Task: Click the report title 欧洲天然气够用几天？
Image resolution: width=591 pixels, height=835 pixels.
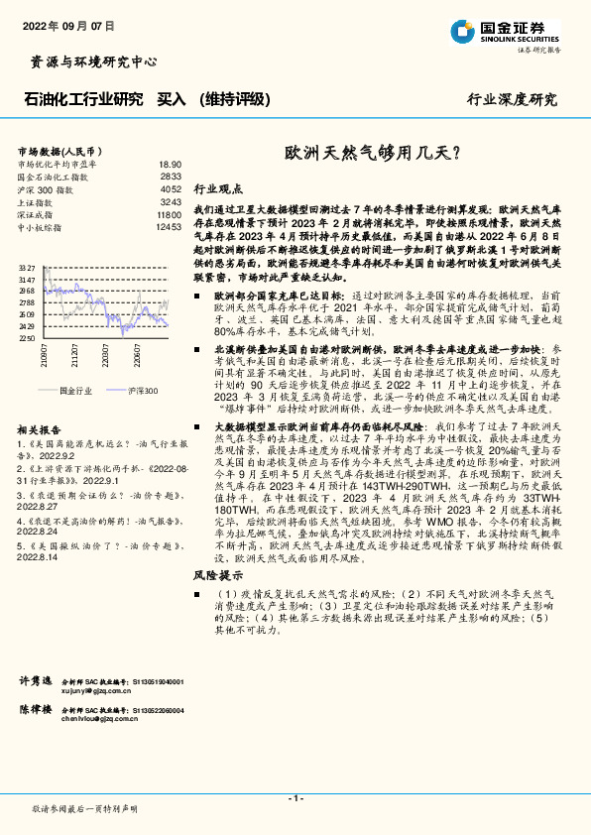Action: coord(372,154)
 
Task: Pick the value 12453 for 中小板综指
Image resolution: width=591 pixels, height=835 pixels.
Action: coord(169,227)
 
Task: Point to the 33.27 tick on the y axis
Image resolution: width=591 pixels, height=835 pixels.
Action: coord(26,269)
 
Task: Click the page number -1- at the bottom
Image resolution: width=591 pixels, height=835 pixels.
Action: coord(295,797)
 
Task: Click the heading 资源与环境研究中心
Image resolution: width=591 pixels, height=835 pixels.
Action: coord(88,61)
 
